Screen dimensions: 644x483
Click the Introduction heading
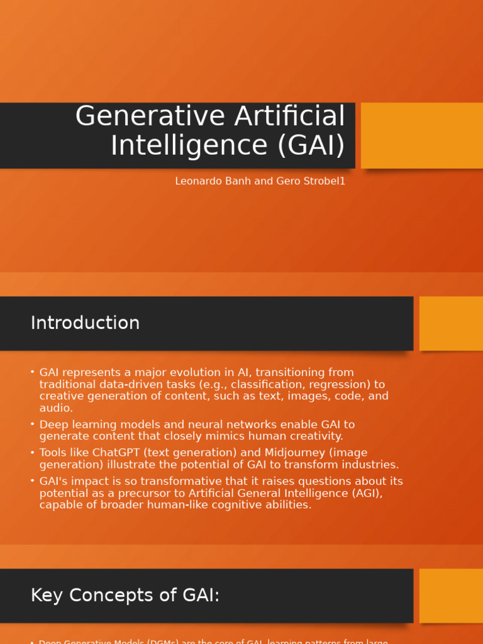(x=85, y=323)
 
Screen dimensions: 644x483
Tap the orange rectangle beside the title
(x=421, y=135)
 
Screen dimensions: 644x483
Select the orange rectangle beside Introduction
(x=451, y=323)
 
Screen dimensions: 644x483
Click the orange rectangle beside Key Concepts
(x=451, y=596)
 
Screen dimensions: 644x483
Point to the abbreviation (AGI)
(x=363, y=493)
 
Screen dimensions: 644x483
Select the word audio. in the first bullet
(x=56, y=408)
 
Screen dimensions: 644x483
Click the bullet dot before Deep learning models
(x=32, y=424)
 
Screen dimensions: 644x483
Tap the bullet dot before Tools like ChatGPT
(x=32, y=452)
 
